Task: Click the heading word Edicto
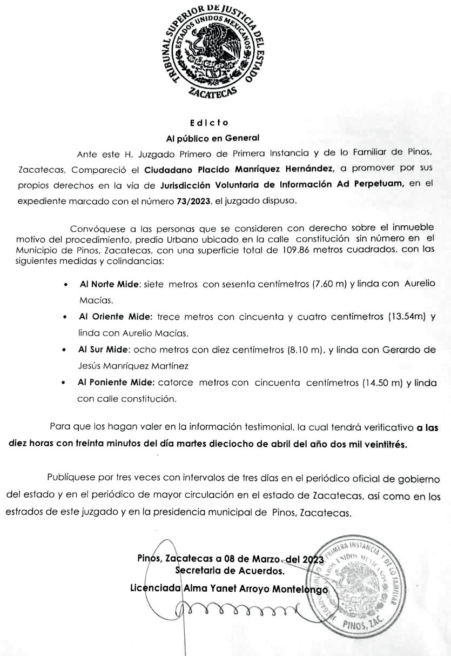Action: pos(213,123)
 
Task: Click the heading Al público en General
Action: pos(213,138)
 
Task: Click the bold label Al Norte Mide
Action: pos(109,284)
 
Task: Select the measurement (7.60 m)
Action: pos(326,284)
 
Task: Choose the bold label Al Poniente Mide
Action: pos(116,383)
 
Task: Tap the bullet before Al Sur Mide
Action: pos(65,350)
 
